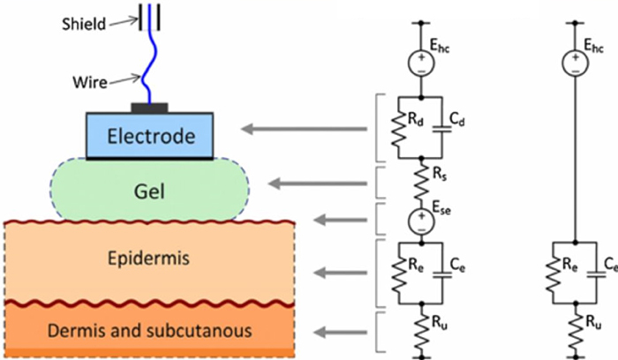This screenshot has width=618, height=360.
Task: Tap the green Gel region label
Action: point(148,190)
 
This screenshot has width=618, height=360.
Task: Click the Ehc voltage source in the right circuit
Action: point(575,62)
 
